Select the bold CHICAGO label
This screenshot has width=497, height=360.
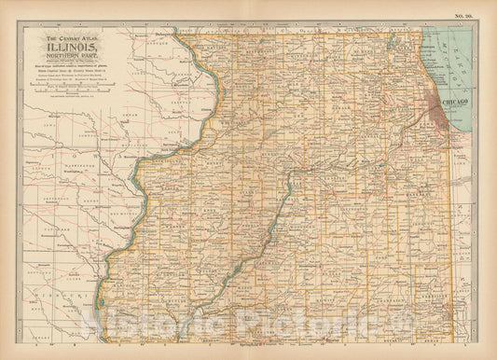coord(460,97)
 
